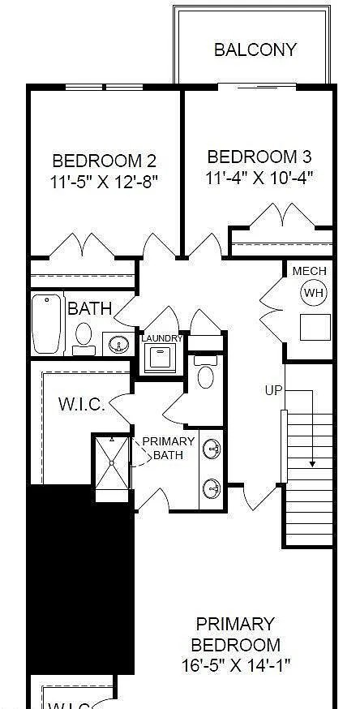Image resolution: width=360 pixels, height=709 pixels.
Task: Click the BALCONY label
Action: click(x=255, y=49)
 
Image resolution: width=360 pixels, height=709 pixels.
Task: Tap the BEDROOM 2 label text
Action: click(x=104, y=161)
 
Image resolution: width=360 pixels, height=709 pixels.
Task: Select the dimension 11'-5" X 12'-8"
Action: click(x=104, y=181)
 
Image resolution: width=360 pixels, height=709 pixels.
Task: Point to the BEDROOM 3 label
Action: click(x=259, y=157)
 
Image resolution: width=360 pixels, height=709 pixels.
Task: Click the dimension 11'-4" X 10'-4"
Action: click(x=259, y=176)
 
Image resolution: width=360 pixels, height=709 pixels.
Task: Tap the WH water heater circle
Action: click(x=313, y=293)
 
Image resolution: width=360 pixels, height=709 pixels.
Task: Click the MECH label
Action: click(x=309, y=271)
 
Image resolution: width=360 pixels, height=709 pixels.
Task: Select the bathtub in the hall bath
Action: click(x=47, y=323)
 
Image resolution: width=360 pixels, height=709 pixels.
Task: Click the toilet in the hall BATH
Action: click(x=84, y=335)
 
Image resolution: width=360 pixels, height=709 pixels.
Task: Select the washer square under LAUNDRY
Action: click(x=161, y=358)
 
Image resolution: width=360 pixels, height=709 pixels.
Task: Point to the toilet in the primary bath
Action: click(x=206, y=374)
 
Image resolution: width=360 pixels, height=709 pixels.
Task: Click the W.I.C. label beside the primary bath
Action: click(x=81, y=404)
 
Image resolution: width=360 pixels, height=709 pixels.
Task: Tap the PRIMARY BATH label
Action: click(x=168, y=448)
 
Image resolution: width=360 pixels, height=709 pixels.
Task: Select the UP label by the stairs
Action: click(x=273, y=390)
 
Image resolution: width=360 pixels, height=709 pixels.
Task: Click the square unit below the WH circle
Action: click(x=315, y=327)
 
